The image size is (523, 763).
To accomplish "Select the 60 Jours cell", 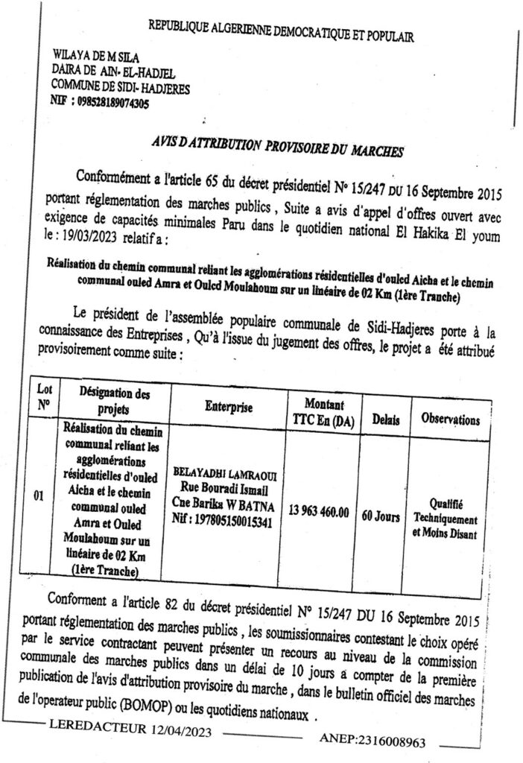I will pos(387,516).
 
